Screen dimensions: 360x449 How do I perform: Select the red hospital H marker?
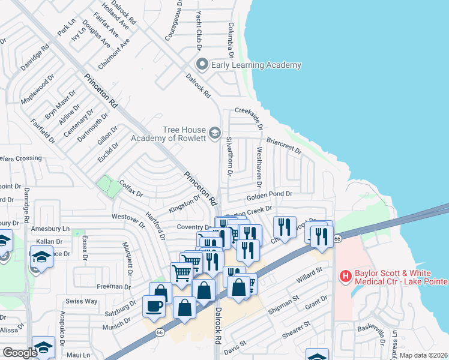(x=346, y=277)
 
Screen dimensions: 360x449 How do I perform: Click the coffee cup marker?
(x=154, y=307)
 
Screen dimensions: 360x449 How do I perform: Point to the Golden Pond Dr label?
(x=269, y=196)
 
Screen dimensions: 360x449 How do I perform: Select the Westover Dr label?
(x=128, y=221)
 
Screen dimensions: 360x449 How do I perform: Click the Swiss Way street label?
(x=82, y=301)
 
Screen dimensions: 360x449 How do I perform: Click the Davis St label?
(x=235, y=346)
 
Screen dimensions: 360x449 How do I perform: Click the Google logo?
(x=20, y=353)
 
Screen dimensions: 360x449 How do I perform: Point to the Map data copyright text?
(x=424, y=355)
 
